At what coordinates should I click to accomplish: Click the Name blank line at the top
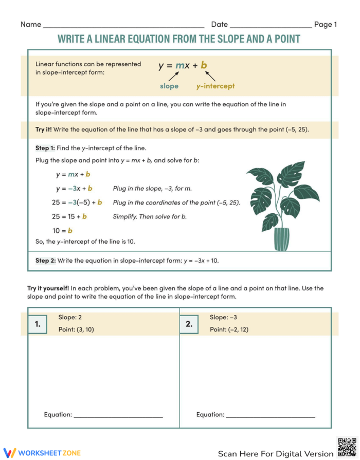tap(123, 26)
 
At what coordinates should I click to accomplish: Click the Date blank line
tap(271, 26)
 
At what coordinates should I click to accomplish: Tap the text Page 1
tap(325, 24)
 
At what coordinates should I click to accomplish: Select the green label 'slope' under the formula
tap(169, 86)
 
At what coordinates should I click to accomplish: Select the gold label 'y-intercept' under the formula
tap(215, 86)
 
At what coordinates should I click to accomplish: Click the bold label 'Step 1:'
tap(45, 148)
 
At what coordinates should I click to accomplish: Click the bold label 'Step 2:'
tap(45, 261)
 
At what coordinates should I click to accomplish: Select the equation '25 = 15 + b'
tap(69, 216)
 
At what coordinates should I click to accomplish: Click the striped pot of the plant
tap(281, 239)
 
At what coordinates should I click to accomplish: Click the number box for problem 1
tap(38, 324)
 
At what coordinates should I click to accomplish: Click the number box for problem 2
tap(189, 324)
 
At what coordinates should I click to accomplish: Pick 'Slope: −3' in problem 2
tap(223, 318)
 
